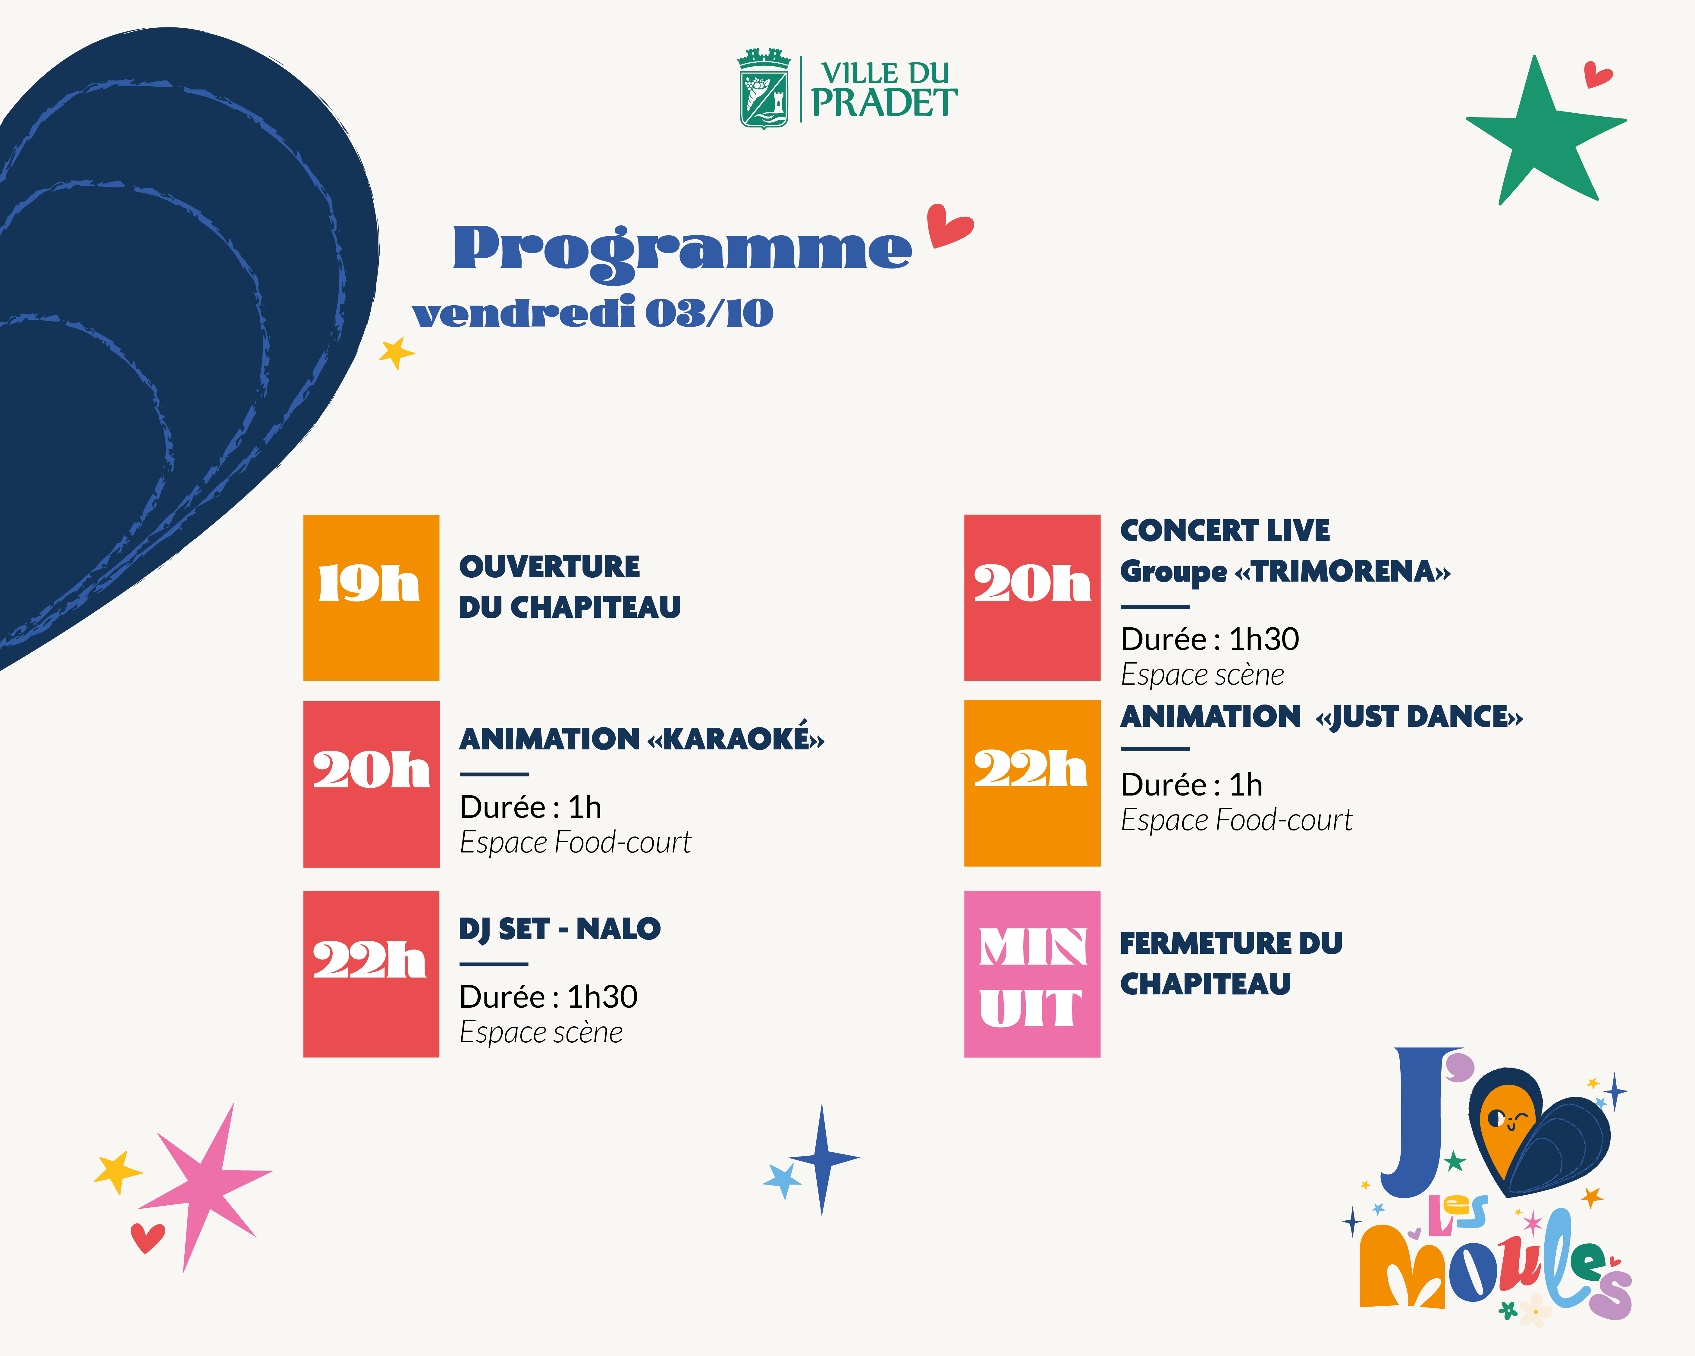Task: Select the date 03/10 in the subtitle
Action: [x=709, y=313]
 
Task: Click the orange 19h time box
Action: [x=371, y=598]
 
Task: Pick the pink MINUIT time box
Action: [x=1032, y=974]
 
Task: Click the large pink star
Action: [x=206, y=1183]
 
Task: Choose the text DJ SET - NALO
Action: [x=560, y=929]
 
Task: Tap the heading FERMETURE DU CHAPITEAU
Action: [x=1231, y=963]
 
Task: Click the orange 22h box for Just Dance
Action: [x=1032, y=783]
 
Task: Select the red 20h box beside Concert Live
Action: [x=1032, y=598]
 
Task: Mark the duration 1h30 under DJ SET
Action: [x=602, y=997]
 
